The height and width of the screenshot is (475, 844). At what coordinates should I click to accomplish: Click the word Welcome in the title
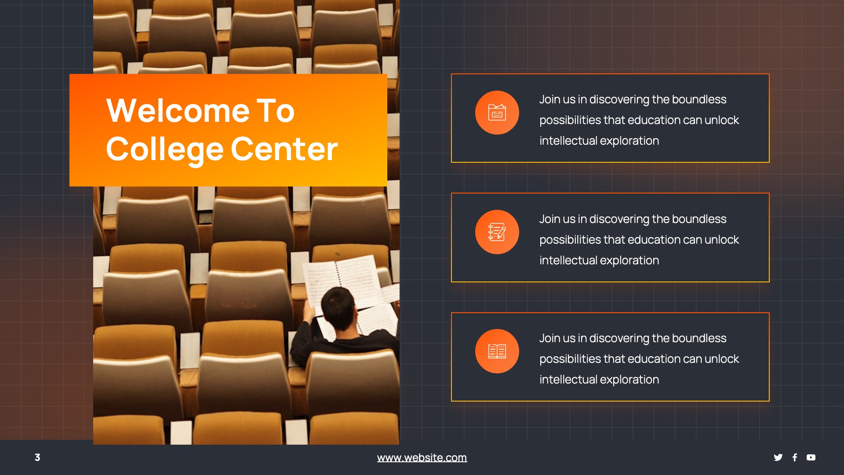click(178, 111)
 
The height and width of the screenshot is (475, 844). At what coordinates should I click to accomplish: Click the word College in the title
click(164, 150)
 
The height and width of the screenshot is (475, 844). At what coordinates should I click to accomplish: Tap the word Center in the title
click(284, 150)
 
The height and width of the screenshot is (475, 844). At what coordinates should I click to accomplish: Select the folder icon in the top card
click(497, 113)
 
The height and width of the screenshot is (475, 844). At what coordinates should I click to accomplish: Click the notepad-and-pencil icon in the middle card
click(497, 232)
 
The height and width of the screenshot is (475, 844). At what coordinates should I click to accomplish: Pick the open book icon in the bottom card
click(497, 351)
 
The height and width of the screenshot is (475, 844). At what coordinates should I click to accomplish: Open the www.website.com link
click(422, 457)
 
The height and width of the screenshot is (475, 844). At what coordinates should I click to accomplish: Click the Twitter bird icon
click(778, 457)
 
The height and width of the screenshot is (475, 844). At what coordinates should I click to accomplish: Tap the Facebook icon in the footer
click(794, 457)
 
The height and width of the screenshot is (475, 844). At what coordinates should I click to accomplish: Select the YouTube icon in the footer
click(811, 457)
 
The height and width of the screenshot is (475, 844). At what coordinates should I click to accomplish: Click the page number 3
click(37, 457)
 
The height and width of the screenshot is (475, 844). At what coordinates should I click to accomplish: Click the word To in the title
click(275, 111)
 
